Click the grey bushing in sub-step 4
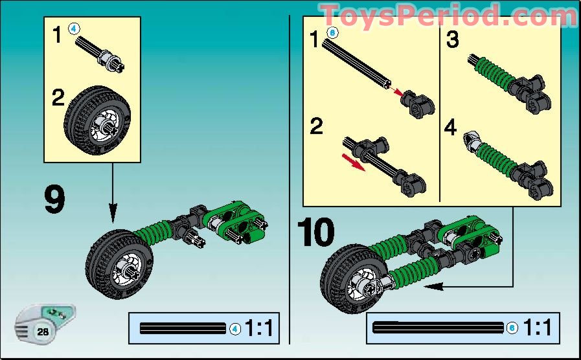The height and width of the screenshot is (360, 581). point(473,138)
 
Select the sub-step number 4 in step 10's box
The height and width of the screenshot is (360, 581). point(451,127)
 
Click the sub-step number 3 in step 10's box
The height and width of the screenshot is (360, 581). point(453,40)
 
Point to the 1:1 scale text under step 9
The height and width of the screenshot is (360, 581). point(260,329)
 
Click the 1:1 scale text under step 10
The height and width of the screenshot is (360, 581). point(538,328)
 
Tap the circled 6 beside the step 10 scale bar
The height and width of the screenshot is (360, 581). point(512,328)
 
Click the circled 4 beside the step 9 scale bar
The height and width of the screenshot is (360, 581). point(235,329)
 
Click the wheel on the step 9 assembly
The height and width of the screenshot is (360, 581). point(119,264)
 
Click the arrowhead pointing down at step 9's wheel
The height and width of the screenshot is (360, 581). point(113,213)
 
